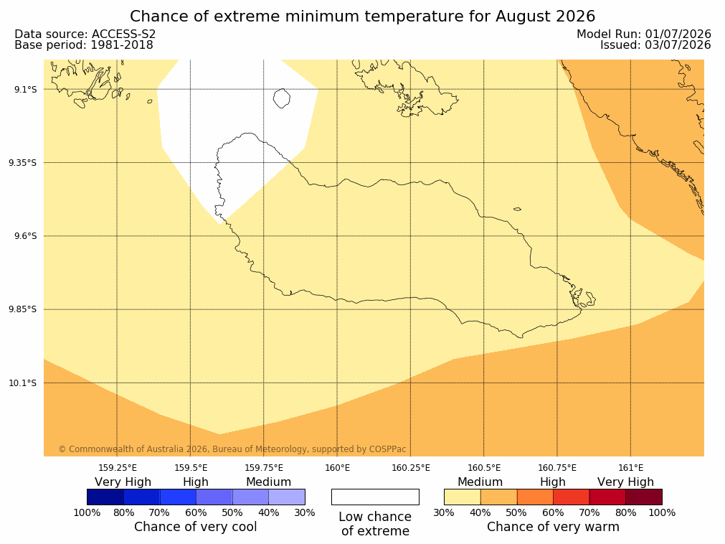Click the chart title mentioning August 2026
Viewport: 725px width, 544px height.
tap(363, 17)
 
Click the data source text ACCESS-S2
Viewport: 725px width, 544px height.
tap(123, 34)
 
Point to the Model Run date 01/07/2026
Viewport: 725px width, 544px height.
tap(678, 34)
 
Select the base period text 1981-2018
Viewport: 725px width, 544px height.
tap(122, 45)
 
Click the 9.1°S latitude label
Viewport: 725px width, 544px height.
tap(25, 89)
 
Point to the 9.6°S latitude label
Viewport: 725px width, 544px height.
tap(25, 236)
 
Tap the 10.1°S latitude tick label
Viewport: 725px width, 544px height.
tap(23, 383)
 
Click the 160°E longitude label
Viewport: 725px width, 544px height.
tap(337, 468)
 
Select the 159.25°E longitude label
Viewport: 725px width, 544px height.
tap(118, 468)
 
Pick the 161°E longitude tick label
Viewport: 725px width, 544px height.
tap(630, 468)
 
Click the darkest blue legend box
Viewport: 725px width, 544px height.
tap(105, 497)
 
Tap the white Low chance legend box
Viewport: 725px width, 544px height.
tap(376, 497)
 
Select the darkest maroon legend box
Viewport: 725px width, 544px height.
tap(644, 497)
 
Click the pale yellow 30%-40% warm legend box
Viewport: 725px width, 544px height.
tap(463, 497)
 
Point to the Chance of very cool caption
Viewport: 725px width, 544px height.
tap(196, 527)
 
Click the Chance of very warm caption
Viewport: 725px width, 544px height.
tap(553, 527)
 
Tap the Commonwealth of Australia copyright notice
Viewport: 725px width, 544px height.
tap(232, 449)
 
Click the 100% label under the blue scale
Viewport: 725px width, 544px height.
tap(87, 512)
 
